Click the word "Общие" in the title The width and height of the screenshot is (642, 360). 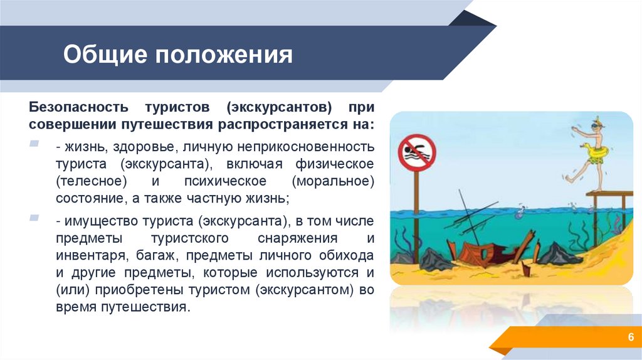(103, 55)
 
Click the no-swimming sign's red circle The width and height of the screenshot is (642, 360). (416, 152)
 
